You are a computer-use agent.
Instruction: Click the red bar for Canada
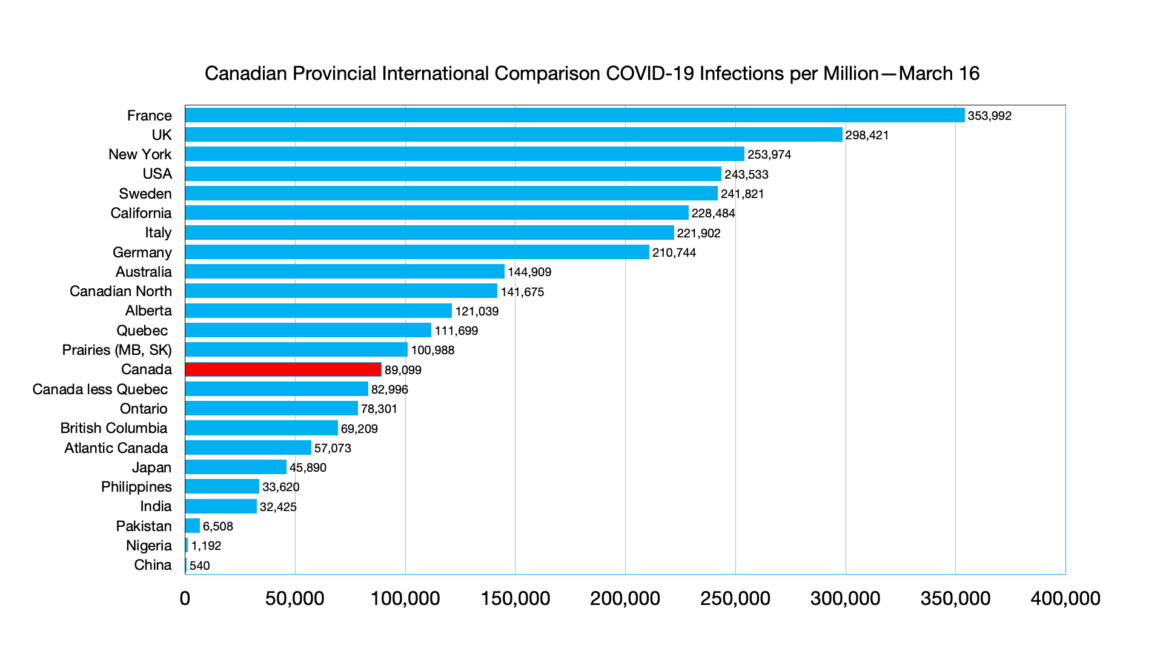click(283, 369)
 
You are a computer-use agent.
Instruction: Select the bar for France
click(574, 115)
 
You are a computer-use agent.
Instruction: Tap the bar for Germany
click(417, 252)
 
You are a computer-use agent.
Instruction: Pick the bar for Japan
click(236, 467)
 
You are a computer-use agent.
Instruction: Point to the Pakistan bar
click(193, 526)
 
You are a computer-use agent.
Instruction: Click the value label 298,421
click(867, 135)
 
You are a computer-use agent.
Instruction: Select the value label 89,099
click(403, 370)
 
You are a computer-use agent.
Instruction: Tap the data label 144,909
click(529, 272)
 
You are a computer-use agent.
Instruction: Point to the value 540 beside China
click(199, 566)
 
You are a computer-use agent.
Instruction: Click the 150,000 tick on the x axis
click(515, 598)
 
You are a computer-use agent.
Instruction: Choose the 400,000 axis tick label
click(1065, 598)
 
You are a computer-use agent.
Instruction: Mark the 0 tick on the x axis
click(185, 598)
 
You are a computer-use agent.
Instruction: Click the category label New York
click(140, 154)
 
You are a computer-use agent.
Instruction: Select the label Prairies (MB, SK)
click(117, 350)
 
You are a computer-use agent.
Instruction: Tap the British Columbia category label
click(114, 428)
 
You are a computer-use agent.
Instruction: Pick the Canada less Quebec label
click(100, 389)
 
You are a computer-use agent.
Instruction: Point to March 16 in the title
click(939, 73)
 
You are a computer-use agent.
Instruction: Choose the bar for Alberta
click(318, 311)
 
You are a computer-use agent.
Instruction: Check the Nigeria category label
click(148, 546)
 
